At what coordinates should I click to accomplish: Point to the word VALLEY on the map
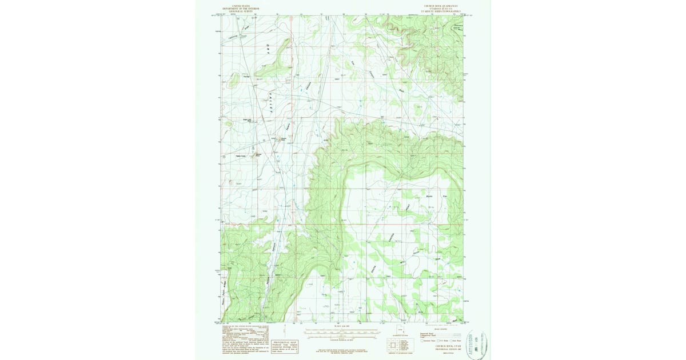click(x=269, y=103)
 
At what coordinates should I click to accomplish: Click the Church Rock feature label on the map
click(x=283, y=138)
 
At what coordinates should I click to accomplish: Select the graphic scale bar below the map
click(x=341, y=331)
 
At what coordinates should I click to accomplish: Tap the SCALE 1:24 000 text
click(x=341, y=326)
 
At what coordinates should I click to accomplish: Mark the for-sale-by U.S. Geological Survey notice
click(x=341, y=351)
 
